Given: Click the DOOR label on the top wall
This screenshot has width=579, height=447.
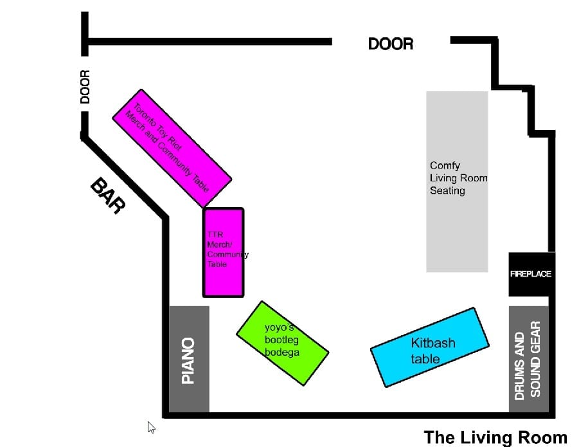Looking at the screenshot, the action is point(391,44).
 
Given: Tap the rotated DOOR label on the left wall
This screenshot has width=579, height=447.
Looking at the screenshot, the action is point(85,87).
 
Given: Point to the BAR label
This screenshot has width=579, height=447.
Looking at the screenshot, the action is point(108,196).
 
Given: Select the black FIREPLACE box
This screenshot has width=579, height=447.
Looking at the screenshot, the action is point(531,274).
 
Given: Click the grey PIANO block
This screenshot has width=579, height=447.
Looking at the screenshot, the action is point(189,359).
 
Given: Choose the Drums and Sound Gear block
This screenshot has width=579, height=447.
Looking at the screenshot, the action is point(528,359).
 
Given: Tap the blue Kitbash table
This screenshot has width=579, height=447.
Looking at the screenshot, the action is point(430,347).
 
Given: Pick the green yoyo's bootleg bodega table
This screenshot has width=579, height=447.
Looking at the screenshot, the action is point(283,343).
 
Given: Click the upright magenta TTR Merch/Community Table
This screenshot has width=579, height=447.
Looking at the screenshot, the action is point(223,252).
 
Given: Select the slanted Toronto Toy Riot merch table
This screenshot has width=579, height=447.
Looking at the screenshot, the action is point(172,148).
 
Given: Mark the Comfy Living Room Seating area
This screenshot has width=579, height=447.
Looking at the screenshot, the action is point(457,182).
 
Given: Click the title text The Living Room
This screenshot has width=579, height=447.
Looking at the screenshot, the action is point(495,437).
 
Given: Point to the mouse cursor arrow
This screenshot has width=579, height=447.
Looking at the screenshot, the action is point(151,427).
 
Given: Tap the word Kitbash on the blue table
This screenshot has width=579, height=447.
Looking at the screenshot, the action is point(433,343).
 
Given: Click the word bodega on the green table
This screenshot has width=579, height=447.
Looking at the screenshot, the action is point(282,352).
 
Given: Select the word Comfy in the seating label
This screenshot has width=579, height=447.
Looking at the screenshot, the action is point(445,165).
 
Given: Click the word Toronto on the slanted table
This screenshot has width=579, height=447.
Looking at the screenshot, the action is point(145,116).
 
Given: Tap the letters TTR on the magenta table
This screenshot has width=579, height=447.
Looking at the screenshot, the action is point(215,235).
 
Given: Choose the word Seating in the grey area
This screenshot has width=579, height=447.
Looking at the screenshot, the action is point(447,190).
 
